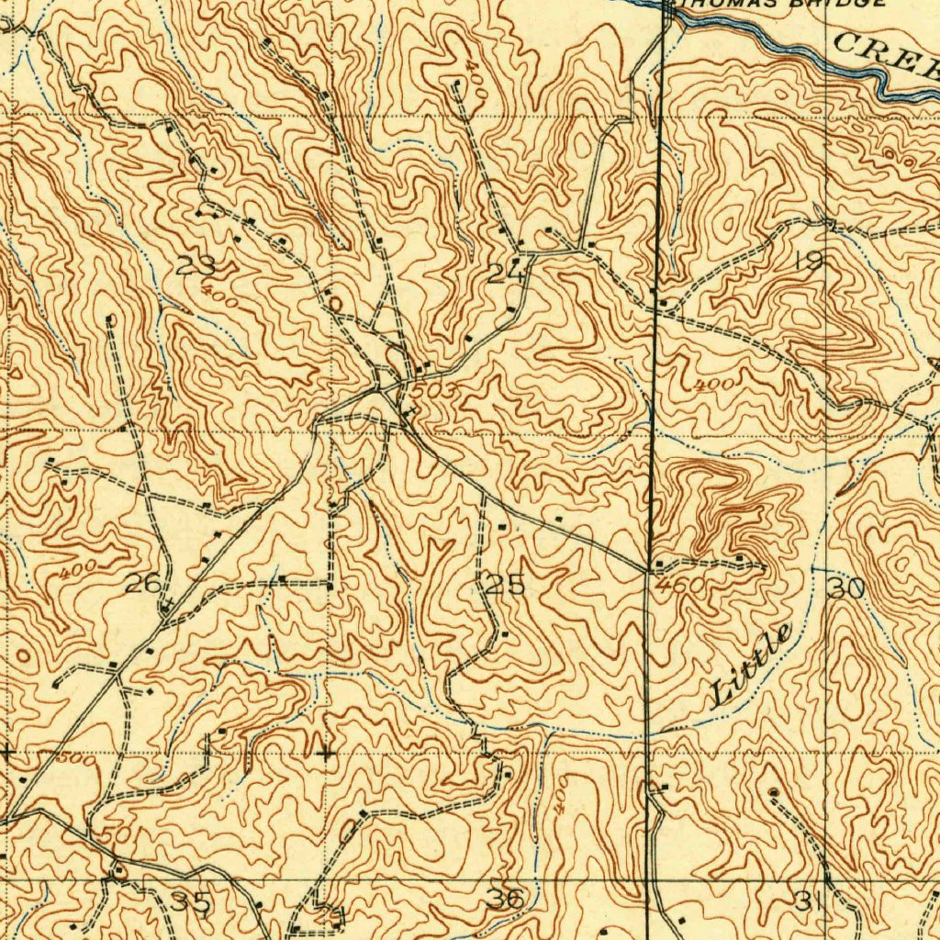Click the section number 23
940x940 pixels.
pyautogui.click(x=196, y=267)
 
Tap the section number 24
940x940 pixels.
pyautogui.click(x=506, y=273)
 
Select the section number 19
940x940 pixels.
pyautogui.click(x=809, y=263)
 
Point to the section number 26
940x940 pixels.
pyautogui.click(x=144, y=583)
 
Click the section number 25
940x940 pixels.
pyautogui.click(x=505, y=585)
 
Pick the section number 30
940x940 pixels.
pyautogui.click(x=845, y=587)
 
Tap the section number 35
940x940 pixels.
pyautogui.click(x=192, y=902)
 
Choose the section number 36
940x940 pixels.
pyautogui.click(x=506, y=900)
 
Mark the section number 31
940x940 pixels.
pyautogui.click(x=808, y=902)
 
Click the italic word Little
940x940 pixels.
pyautogui.click(x=751, y=666)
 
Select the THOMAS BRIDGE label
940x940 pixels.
pyautogui.click(x=780, y=4)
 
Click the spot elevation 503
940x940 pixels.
pyautogui.click(x=429, y=391)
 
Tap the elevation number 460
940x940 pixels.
pyautogui.click(x=680, y=585)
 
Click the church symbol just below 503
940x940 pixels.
pyautogui.click(x=406, y=415)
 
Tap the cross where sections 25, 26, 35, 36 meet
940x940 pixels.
pyautogui.click(x=327, y=754)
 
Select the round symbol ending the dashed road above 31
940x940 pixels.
pyautogui.click(x=772, y=791)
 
